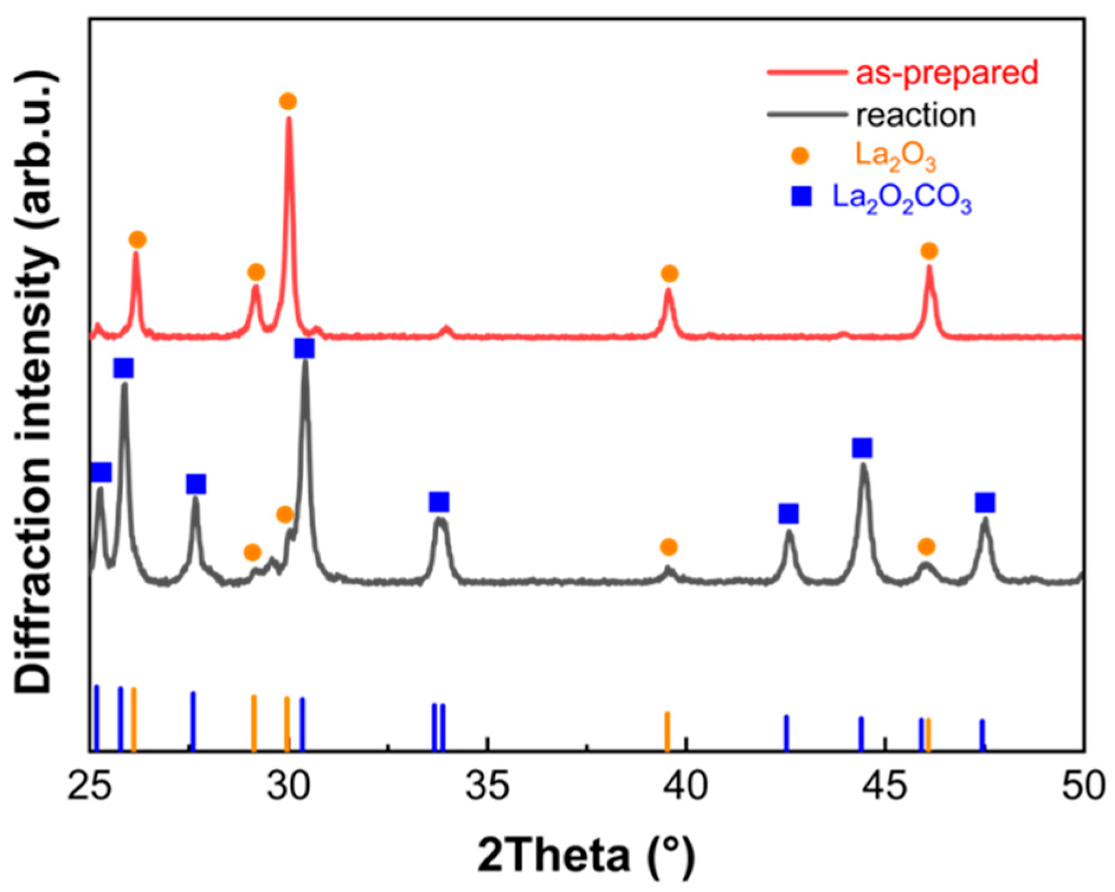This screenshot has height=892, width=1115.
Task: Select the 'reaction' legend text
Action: pos(916,115)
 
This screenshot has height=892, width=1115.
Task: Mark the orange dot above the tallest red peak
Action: pos(288,101)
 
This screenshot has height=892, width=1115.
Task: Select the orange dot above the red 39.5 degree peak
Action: pos(669,274)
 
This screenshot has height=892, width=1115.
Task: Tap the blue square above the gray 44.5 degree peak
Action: pos(862,448)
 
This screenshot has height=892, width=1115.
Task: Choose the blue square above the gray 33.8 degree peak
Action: pos(439,502)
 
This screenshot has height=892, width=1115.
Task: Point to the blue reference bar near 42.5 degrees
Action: pos(787,733)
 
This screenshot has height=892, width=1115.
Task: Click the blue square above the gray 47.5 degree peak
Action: pos(985,503)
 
